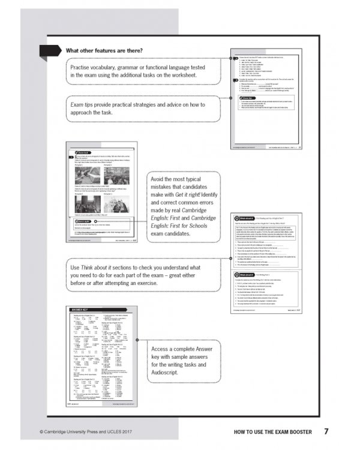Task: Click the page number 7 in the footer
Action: coord(326,431)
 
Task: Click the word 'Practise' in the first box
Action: coord(85,66)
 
